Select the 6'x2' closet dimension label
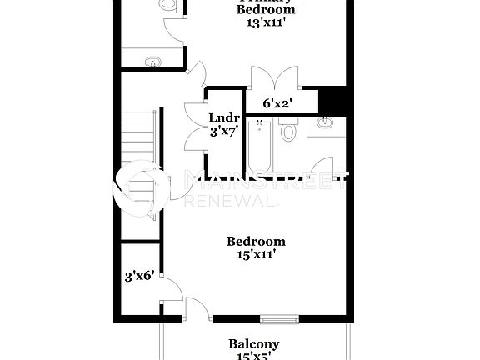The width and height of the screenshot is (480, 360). pyautogui.click(x=275, y=104)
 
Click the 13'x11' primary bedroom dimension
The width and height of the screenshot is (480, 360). pyautogui.click(x=265, y=23)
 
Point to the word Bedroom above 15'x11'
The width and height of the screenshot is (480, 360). pyautogui.click(x=256, y=242)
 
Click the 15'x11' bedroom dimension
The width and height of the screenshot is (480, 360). pyautogui.click(x=256, y=255)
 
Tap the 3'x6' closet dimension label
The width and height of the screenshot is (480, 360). pyautogui.click(x=137, y=275)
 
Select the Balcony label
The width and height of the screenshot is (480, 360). pyautogui.click(x=254, y=343)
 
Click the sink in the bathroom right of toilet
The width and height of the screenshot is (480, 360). pyautogui.click(x=324, y=125)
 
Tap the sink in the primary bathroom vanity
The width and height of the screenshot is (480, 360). pyautogui.click(x=152, y=62)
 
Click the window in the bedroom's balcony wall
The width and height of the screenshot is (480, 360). pyautogui.click(x=278, y=317)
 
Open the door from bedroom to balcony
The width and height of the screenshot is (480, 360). pyautogui.click(x=198, y=308)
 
